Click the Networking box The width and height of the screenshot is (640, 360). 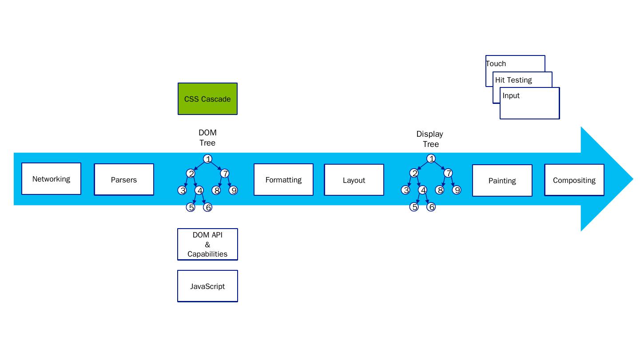pyautogui.click(x=51, y=179)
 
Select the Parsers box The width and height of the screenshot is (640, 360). pyautogui.click(x=124, y=180)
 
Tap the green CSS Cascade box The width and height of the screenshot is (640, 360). pyautogui.click(x=207, y=99)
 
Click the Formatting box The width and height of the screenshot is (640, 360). pyautogui.click(x=283, y=180)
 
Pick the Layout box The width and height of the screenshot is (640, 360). pyautogui.click(x=354, y=180)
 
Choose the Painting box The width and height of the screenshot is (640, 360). pyautogui.click(x=502, y=181)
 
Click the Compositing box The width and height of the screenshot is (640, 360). pyautogui.click(x=574, y=180)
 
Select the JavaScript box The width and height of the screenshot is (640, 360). pyautogui.click(x=207, y=286)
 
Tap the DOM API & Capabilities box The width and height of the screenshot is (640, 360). pyautogui.click(x=207, y=245)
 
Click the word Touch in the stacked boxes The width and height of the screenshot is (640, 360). pyautogui.click(x=496, y=63)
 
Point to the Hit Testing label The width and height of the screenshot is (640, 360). pyautogui.click(x=513, y=80)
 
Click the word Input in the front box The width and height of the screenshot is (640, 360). pyautogui.click(x=511, y=95)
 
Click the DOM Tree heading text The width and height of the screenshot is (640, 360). pyautogui.click(x=207, y=138)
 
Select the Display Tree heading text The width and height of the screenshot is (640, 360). pyautogui.click(x=430, y=139)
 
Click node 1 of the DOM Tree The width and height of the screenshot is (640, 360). pyautogui.click(x=207, y=159)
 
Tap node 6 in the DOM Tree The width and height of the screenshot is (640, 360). pyautogui.click(x=207, y=207)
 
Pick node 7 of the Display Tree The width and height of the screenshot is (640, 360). pyautogui.click(x=448, y=173)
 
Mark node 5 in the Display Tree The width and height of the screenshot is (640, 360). pyautogui.click(x=414, y=207)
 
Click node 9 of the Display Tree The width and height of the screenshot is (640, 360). pyautogui.click(x=457, y=190)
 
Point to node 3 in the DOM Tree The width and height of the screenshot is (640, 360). pyautogui.click(x=182, y=190)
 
